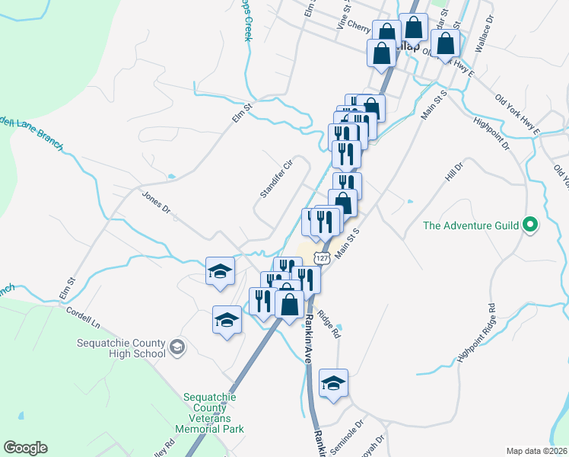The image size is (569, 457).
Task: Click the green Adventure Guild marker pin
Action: coord(531,225)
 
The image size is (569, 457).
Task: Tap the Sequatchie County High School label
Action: coord(122,348)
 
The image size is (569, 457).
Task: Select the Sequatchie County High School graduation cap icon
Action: coord(177,348)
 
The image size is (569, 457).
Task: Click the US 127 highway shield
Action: coord(323,259)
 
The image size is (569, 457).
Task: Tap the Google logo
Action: coord(25,447)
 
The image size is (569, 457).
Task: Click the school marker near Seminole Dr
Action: coord(333,383)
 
